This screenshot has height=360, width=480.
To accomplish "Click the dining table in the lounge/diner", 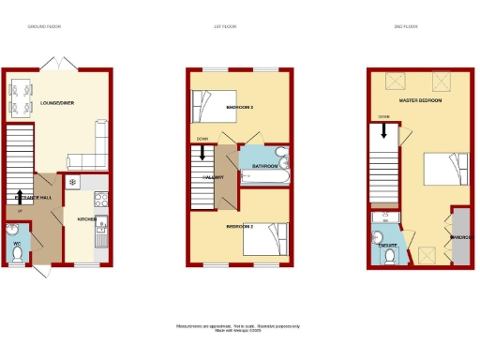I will coord(20,97).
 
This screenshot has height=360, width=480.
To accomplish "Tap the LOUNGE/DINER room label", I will coord(58,102).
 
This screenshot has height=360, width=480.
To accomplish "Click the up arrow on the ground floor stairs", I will coord(20,197).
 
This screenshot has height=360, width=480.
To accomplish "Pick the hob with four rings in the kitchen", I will coord(100,198).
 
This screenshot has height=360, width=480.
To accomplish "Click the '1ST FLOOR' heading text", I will coord(224,27).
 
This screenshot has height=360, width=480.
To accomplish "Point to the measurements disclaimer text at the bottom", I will coord(238,326).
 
